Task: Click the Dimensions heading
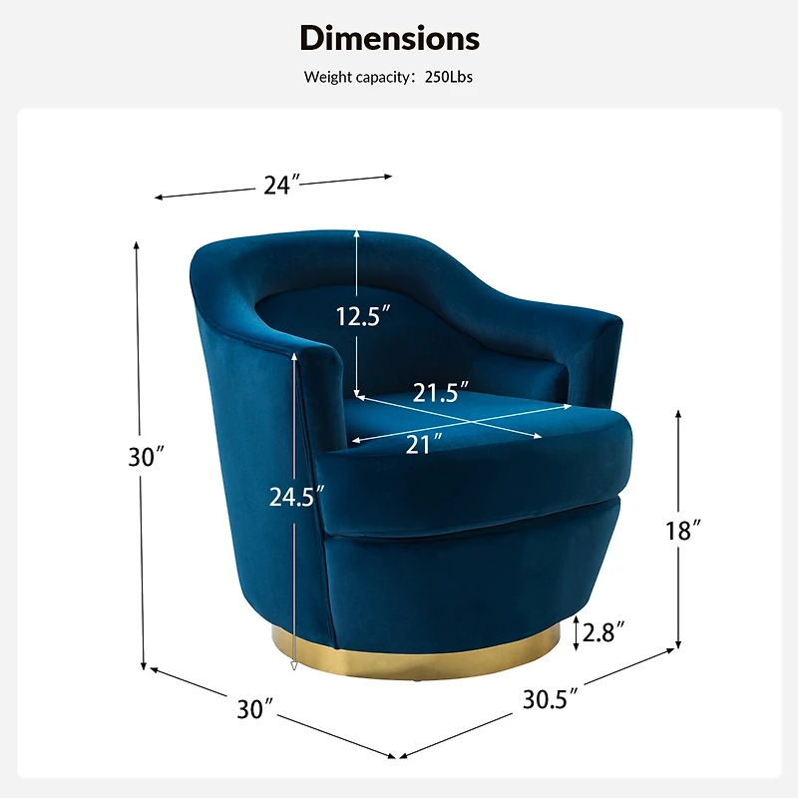[390, 38]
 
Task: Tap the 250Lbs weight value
[448, 77]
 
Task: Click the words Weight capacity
[357, 78]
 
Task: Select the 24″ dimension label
[281, 185]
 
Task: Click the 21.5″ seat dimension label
[440, 392]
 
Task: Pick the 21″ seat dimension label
[424, 444]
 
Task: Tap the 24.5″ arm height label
[296, 496]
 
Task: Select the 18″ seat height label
[683, 531]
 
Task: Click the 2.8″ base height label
[603, 632]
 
